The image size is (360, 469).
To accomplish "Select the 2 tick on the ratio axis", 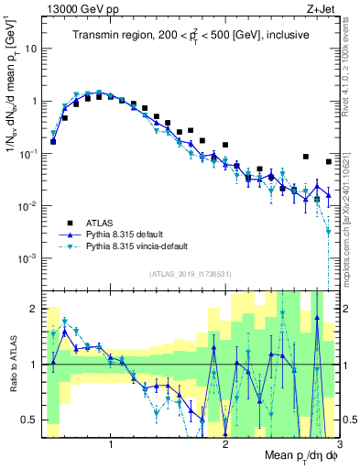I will (38, 309).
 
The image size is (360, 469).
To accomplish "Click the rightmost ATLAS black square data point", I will (329, 162).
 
